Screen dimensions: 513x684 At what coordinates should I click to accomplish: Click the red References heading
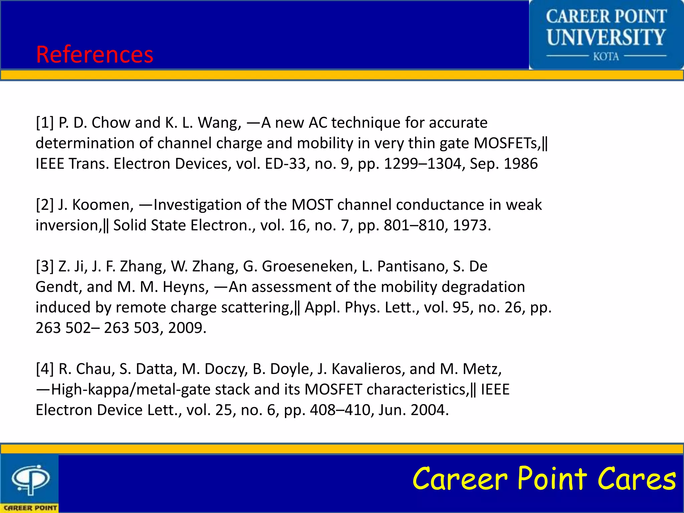click(x=95, y=54)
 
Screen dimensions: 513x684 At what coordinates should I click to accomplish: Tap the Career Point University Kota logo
click(x=606, y=35)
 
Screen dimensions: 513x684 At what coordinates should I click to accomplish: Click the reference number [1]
click(x=45, y=123)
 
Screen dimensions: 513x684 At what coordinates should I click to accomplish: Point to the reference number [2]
click(x=45, y=205)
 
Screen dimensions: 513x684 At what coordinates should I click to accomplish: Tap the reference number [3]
click(x=45, y=267)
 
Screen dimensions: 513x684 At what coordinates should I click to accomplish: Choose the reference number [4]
click(x=45, y=369)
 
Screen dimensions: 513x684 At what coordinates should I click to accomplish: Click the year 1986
click(x=521, y=164)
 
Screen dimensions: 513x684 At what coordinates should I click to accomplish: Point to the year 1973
click(x=472, y=225)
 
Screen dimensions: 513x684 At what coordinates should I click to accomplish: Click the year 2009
click(x=187, y=328)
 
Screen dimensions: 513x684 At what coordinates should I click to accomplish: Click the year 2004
click(x=430, y=410)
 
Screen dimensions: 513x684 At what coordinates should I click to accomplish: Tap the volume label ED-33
click(x=286, y=164)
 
